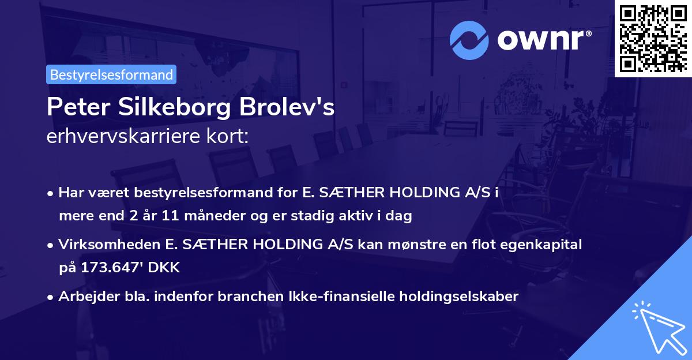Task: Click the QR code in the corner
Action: pos(653,38)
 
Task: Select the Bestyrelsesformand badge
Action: pos(111,74)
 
